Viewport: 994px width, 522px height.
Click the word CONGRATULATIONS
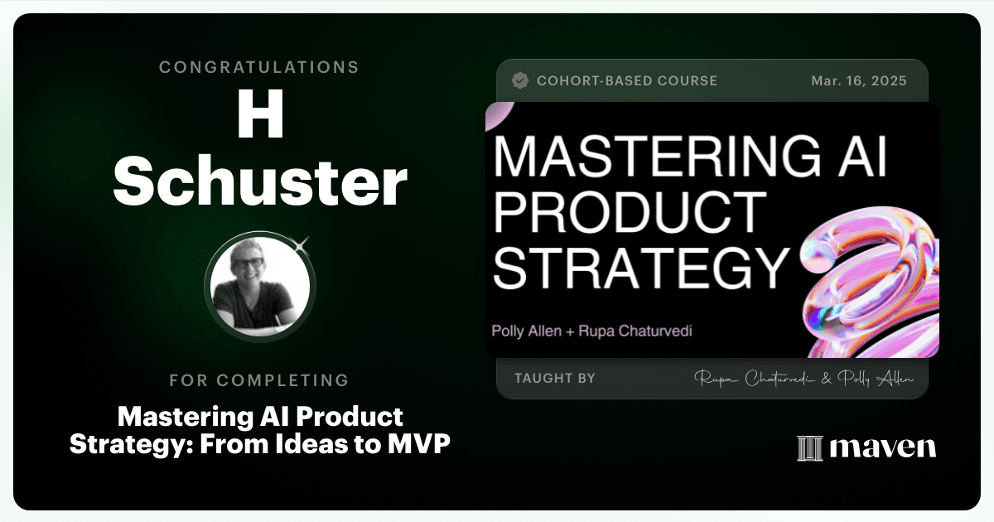259,67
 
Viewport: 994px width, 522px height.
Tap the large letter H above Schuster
260,114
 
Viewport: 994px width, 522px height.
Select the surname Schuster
260,181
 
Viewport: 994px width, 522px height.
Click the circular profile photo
260,287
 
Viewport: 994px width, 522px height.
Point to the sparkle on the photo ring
302,244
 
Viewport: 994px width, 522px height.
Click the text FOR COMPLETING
259,380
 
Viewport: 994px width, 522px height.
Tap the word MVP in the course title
419,444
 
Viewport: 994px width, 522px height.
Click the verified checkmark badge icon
520,81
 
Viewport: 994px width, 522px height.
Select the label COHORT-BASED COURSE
627,81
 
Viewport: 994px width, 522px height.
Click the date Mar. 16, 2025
859,81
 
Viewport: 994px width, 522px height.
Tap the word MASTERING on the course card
656,157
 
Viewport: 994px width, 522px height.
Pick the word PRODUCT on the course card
630,212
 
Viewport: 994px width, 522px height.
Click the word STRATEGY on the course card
641,268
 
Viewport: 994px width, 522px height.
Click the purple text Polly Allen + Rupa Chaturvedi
592,331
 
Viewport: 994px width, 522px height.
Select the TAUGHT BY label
555,378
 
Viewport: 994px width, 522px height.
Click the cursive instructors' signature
803,379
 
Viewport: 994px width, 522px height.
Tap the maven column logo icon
810,448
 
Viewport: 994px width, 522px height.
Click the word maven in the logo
883,447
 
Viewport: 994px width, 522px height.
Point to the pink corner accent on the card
498,114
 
